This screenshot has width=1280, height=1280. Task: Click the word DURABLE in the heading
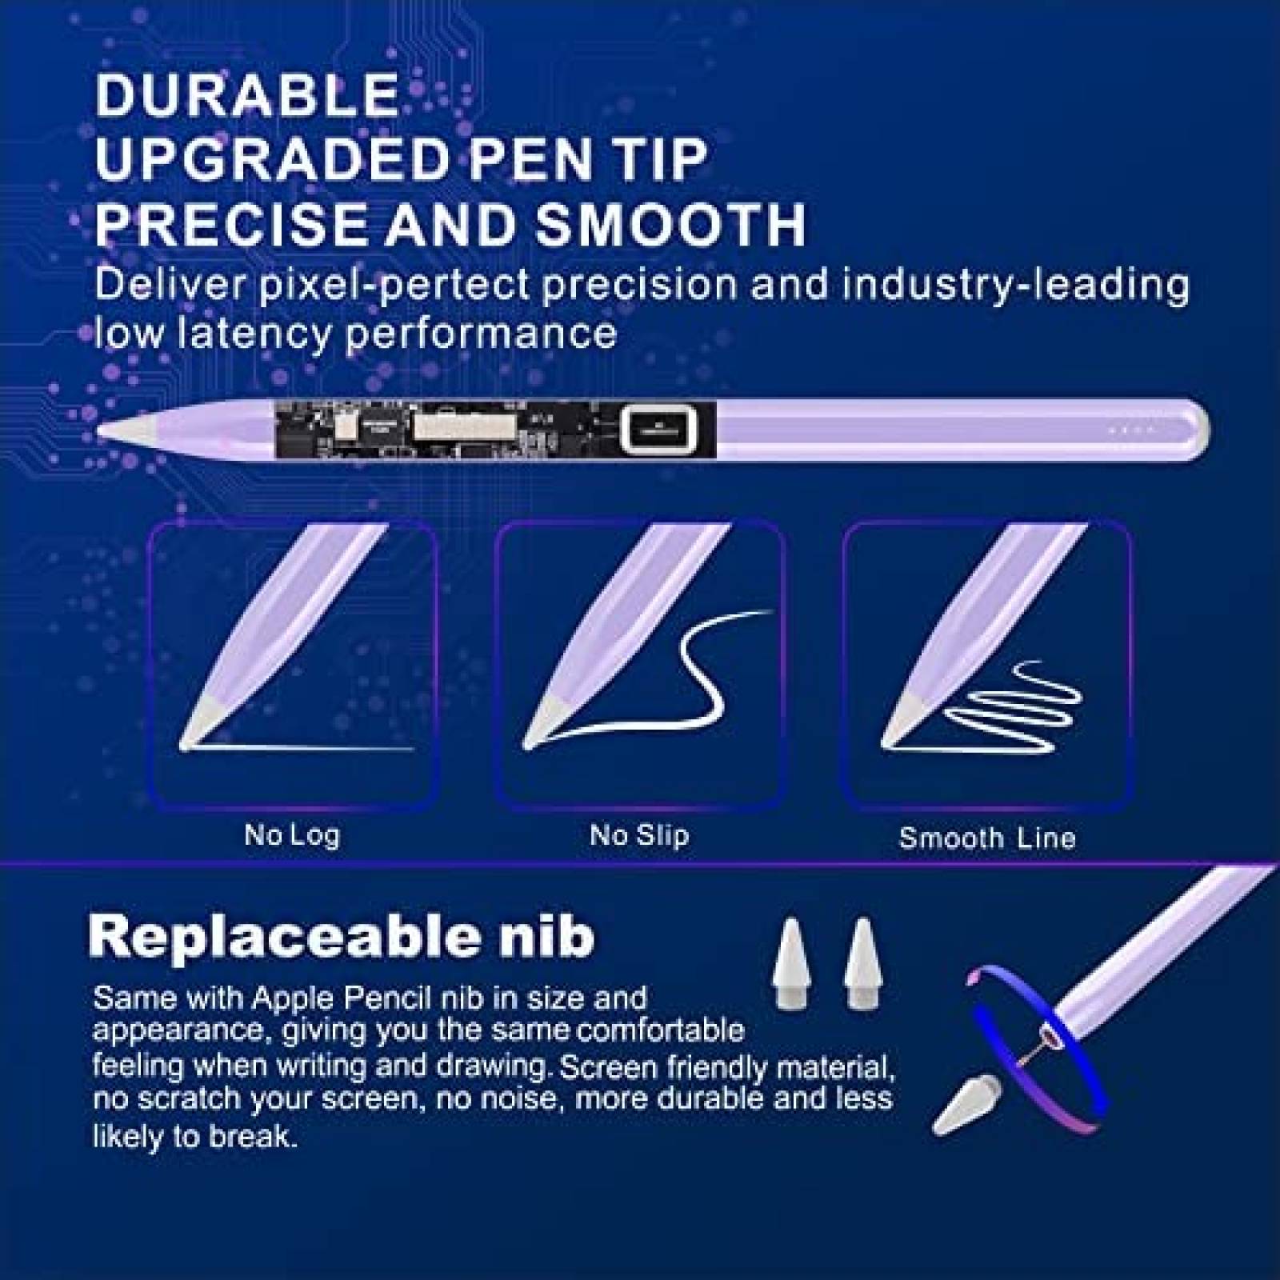pyautogui.click(x=246, y=95)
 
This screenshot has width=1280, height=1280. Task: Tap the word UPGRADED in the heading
pyautogui.click(x=269, y=159)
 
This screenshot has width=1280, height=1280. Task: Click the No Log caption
pyautogui.click(x=292, y=835)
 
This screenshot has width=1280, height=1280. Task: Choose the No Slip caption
pyautogui.click(x=639, y=835)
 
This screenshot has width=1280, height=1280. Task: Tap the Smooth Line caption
pyautogui.click(x=986, y=838)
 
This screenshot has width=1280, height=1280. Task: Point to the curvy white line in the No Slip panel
pyautogui.click(x=688, y=672)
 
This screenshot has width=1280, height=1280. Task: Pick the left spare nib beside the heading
pyautogui.click(x=790, y=963)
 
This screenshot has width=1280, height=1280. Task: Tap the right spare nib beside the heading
pyautogui.click(x=861, y=963)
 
